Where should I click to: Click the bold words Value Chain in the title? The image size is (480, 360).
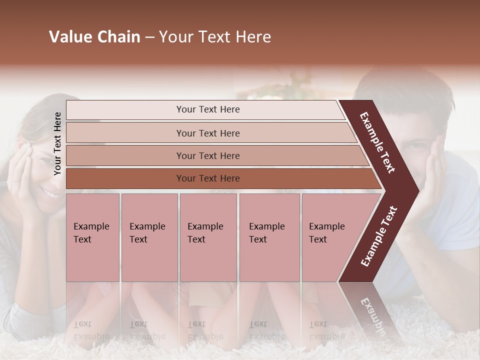(94, 37)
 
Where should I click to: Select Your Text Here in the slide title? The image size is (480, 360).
(215, 37)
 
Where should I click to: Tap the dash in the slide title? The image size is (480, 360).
(149, 37)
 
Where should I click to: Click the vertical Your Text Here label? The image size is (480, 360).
(57, 143)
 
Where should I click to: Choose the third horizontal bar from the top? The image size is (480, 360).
(215, 155)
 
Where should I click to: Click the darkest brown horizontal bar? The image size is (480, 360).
(220, 178)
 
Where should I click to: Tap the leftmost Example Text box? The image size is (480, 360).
(92, 237)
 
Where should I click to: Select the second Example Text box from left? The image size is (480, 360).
(149, 237)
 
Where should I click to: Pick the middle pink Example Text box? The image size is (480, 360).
(208, 237)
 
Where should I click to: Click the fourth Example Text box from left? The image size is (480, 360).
(269, 237)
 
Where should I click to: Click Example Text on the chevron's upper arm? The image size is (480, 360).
(377, 142)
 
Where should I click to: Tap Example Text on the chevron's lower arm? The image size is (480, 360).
(379, 236)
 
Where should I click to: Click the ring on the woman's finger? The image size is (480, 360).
(15, 179)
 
